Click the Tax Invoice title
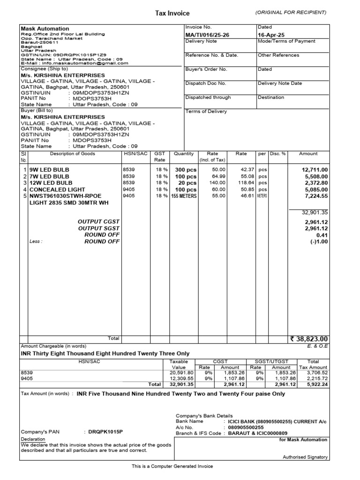(x=172, y=13)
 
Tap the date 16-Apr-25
(x=271, y=35)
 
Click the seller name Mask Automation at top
(x=45, y=29)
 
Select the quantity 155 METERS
(x=184, y=196)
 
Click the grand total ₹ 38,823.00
(x=309, y=339)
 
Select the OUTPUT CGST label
(x=99, y=221)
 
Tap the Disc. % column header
(x=278, y=154)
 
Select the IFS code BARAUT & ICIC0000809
(x=258, y=434)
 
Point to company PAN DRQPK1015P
(x=103, y=431)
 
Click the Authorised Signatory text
(x=305, y=457)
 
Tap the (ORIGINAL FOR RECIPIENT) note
(x=291, y=12)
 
